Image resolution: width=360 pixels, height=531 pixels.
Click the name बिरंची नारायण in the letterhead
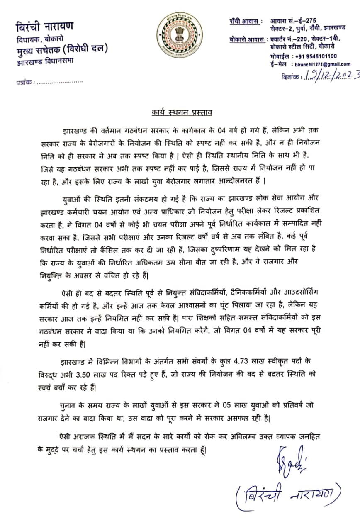[x=44, y=27]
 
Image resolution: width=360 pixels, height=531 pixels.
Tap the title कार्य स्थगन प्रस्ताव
[x=182, y=113]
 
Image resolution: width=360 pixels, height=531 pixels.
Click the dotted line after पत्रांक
[x=60, y=82]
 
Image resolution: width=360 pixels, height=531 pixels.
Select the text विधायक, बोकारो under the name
[x=40, y=39]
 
